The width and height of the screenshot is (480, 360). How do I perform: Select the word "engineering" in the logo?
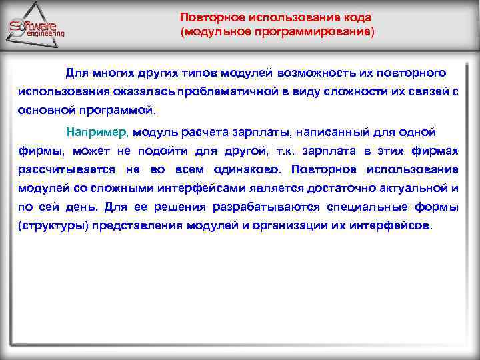(x=41, y=33)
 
